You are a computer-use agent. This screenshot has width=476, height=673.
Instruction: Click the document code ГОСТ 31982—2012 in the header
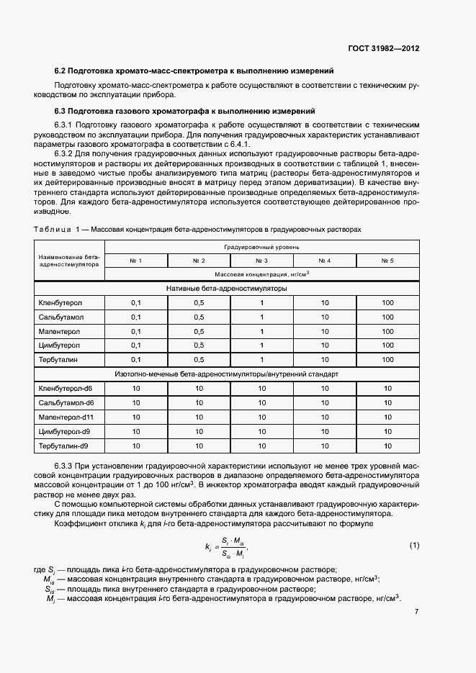[x=383, y=49]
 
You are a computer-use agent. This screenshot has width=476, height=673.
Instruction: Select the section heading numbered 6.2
[x=194, y=71]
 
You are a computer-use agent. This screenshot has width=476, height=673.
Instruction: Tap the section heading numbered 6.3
[x=185, y=111]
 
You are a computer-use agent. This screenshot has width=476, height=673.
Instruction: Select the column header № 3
[x=261, y=260]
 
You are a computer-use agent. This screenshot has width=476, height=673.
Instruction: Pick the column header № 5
[x=387, y=260]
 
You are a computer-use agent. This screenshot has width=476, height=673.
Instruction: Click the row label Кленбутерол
[x=60, y=302]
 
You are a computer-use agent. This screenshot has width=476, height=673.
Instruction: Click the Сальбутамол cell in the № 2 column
[x=199, y=317]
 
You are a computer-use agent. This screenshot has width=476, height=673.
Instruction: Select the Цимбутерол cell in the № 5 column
[x=387, y=345]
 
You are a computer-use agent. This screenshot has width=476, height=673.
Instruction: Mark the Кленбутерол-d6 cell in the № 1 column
[x=135, y=388]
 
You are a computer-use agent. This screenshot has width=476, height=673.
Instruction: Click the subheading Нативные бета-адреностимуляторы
[x=226, y=288]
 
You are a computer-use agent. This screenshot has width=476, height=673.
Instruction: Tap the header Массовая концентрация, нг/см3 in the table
[x=261, y=274]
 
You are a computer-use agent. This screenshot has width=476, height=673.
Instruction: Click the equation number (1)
[x=414, y=545]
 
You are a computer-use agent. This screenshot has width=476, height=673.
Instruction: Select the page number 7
[x=416, y=612]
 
